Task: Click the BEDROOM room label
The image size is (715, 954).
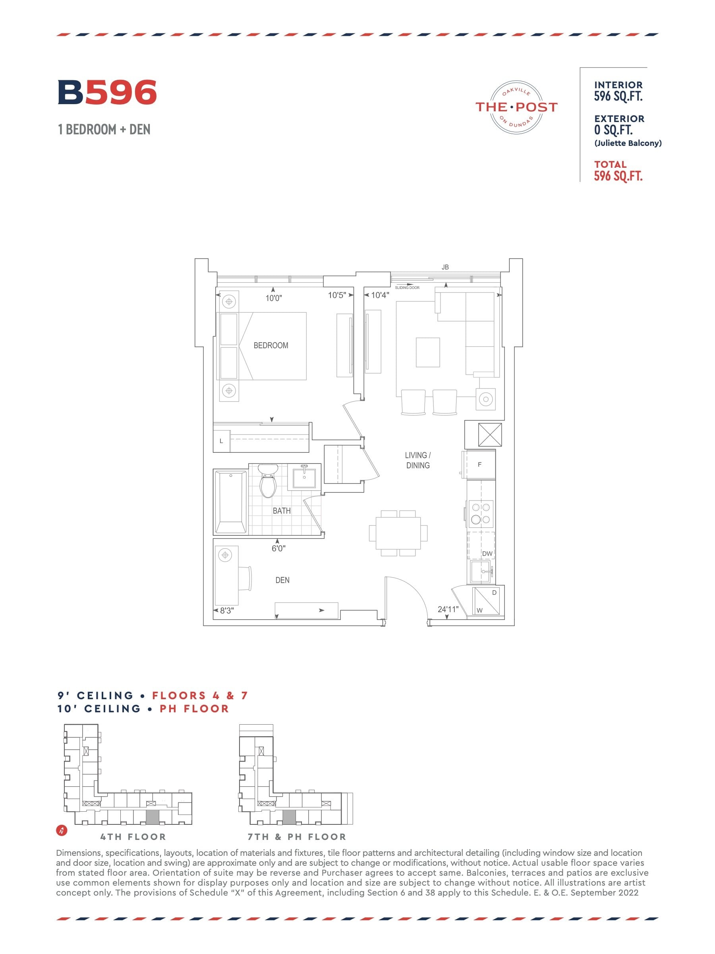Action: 271,345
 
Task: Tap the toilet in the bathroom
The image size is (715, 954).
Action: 268,481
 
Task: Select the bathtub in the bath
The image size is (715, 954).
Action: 230,502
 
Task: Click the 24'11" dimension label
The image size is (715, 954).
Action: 448,609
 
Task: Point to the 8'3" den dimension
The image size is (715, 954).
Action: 227,611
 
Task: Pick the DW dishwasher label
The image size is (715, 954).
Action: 487,554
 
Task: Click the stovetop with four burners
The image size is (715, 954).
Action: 481,513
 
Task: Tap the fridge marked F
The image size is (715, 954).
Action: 479,465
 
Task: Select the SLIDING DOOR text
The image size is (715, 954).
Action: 407,288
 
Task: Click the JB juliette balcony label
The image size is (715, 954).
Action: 445,268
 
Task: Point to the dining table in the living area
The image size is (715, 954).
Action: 398,533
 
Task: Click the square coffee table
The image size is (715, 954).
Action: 427,352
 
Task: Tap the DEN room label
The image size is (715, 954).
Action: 282,580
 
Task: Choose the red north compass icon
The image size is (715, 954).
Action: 62,830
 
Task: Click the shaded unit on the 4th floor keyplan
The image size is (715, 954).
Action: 153,817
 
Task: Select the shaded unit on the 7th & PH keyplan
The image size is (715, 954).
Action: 289,817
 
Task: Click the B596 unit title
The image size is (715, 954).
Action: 107,92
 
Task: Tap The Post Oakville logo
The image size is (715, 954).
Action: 516,107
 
